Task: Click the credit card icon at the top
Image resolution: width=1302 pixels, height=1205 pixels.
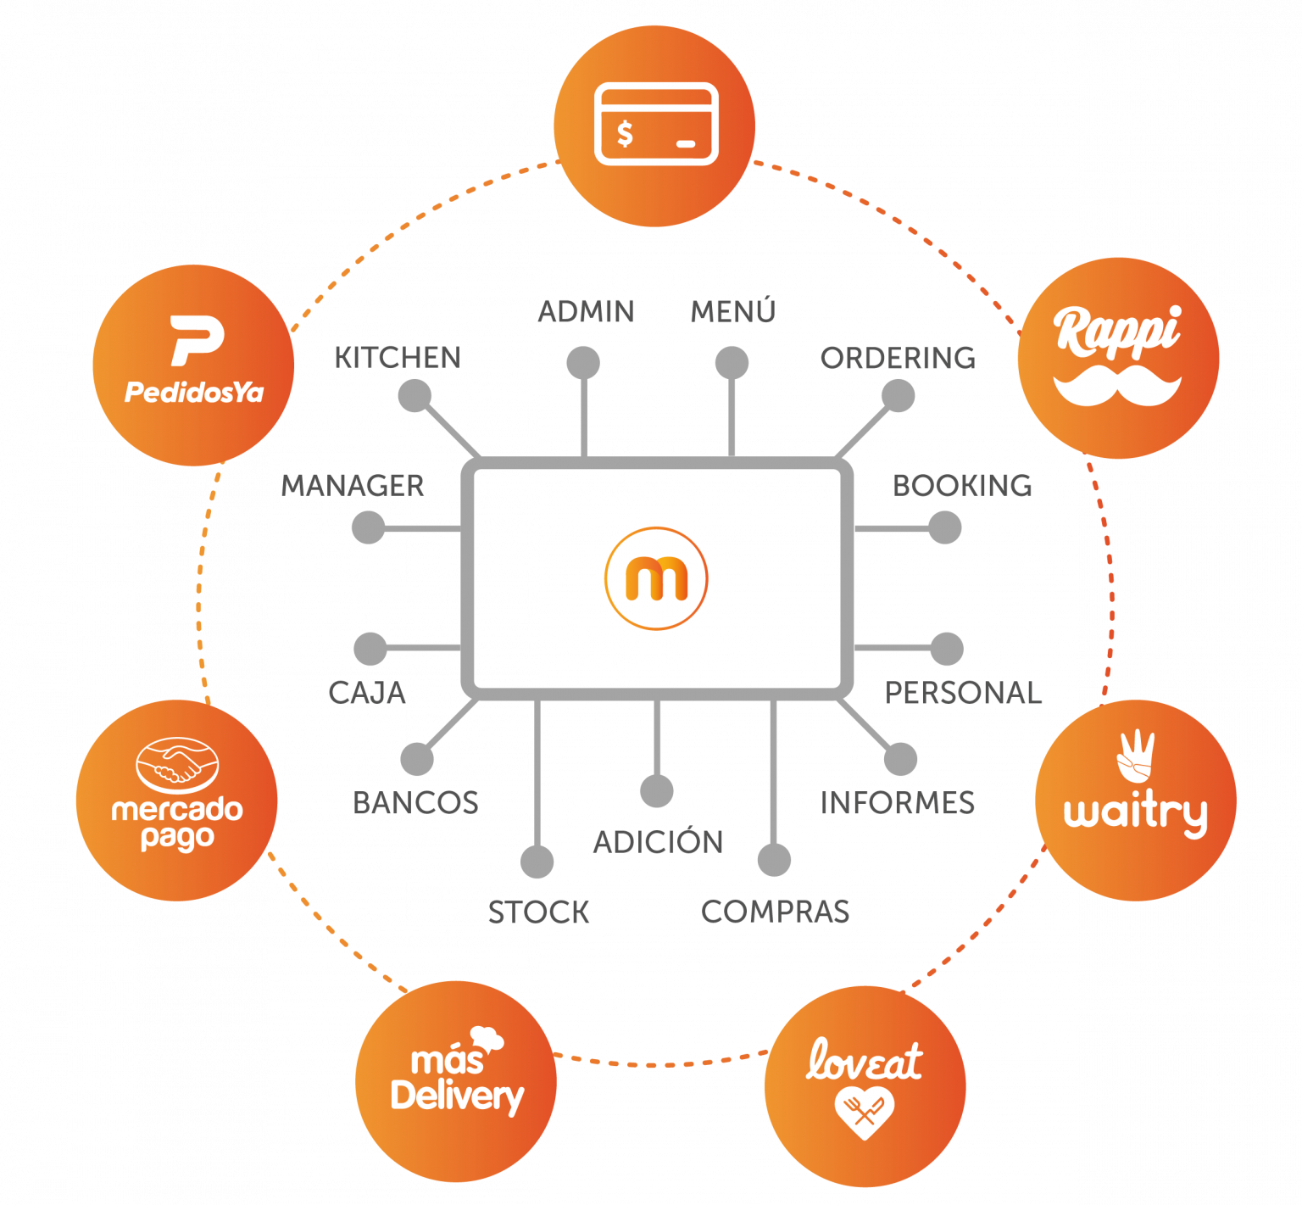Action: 656,124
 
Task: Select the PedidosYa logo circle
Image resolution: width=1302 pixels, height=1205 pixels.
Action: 194,365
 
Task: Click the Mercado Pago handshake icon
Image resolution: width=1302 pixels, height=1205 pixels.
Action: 177,764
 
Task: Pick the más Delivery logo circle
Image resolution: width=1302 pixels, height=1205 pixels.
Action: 456,1081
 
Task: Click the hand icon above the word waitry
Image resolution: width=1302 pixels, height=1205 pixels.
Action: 1135,756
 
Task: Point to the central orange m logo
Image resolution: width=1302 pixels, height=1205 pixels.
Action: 656,578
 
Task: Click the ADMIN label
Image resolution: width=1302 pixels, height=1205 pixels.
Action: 586,312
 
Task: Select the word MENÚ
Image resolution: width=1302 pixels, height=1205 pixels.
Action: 732,312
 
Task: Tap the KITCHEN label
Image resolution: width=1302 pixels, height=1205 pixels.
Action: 398,358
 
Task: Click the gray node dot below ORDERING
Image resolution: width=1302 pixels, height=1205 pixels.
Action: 898,395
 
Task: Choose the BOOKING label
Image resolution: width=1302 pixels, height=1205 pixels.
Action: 962,486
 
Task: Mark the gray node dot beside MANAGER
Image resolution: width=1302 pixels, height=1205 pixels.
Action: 368,527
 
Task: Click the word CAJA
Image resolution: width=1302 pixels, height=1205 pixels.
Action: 367,693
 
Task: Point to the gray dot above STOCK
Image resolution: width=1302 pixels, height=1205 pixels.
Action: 537,862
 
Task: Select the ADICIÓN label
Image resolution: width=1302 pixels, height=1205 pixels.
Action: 658,842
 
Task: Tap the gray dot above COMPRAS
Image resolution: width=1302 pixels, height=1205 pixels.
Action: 774,860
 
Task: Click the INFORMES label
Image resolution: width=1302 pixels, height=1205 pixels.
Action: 898,803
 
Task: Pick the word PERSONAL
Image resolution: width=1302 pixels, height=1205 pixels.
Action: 963,693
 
